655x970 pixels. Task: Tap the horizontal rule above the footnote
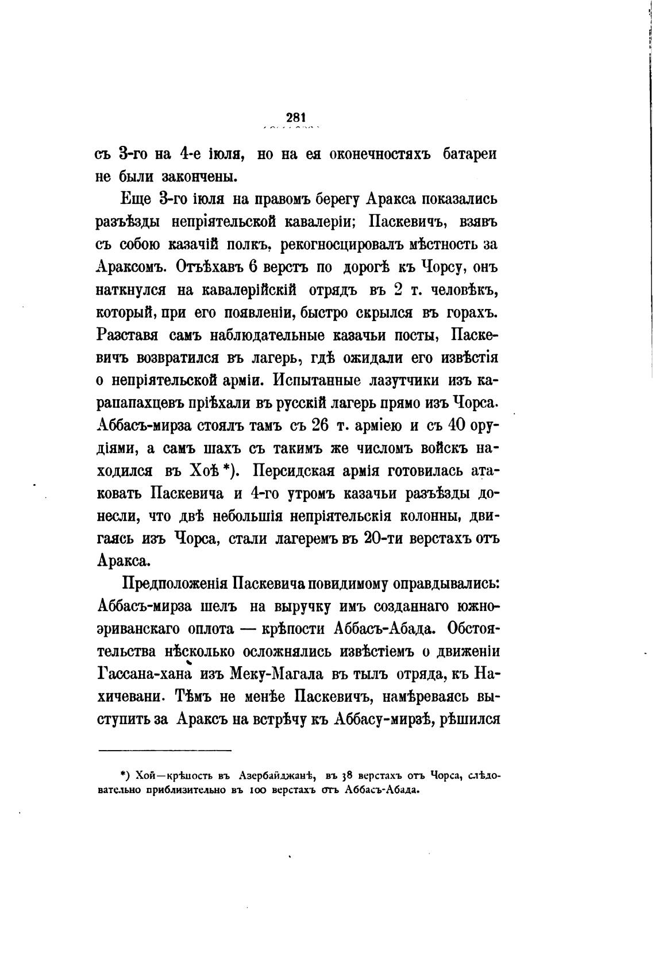(x=165, y=750)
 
